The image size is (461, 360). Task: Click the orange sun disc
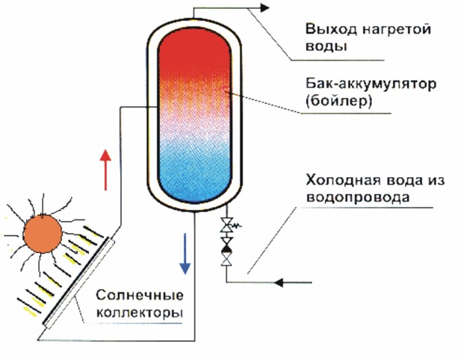[x=43, y=234]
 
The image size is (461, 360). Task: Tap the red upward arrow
[x=105, y=170]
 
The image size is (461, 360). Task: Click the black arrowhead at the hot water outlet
[x=264, y=8]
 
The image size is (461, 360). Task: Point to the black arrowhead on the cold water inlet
[x=279, y=282]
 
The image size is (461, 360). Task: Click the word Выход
[x=331, y=30]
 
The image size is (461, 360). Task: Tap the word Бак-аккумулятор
[x=371, y=84]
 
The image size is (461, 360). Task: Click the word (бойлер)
[x=338, y=101]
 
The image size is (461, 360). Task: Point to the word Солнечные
[x=140, y=295]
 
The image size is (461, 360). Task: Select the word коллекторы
[x=140, y=313]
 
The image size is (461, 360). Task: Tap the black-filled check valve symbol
[x=226, y=246]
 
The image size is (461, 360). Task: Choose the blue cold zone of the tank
[x=194, y=173]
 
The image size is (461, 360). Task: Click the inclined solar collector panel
[x=78, y=282]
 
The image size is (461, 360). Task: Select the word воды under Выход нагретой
[x=327, y=47]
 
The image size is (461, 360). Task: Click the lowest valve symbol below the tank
[x=226, y=259]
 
